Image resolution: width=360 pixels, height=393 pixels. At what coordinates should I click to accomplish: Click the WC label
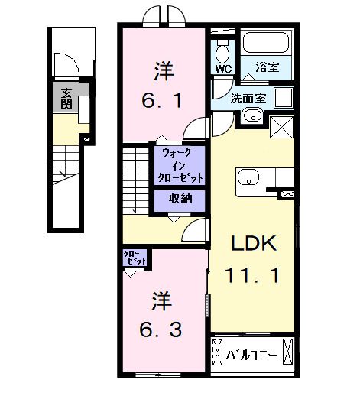[x=223, y=68]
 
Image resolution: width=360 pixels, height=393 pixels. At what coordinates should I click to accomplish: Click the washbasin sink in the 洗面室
[x=252, y=116]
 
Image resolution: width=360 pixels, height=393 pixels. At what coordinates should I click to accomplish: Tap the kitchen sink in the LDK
[x=248, y=178]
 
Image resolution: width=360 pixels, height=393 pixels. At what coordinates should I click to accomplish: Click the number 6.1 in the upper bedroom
[x=163, y=99]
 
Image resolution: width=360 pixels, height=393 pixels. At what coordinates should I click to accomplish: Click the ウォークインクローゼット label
[x=180, y=165]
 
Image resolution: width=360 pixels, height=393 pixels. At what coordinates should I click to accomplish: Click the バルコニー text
[x=253, y=355]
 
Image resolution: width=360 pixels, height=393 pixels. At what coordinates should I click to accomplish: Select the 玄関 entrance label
[x=66, y=99]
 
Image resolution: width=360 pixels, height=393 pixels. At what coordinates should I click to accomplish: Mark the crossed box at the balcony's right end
[x=287, y=352]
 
